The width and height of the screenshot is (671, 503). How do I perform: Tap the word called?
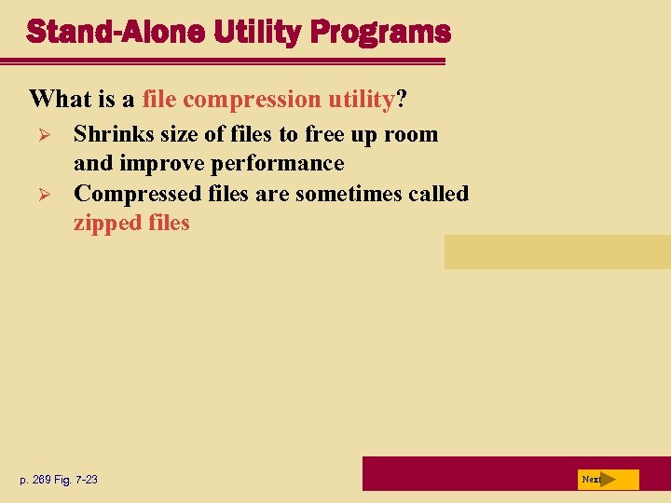coord(438,194)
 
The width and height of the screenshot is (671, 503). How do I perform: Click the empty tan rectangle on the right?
coord(556,251)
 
